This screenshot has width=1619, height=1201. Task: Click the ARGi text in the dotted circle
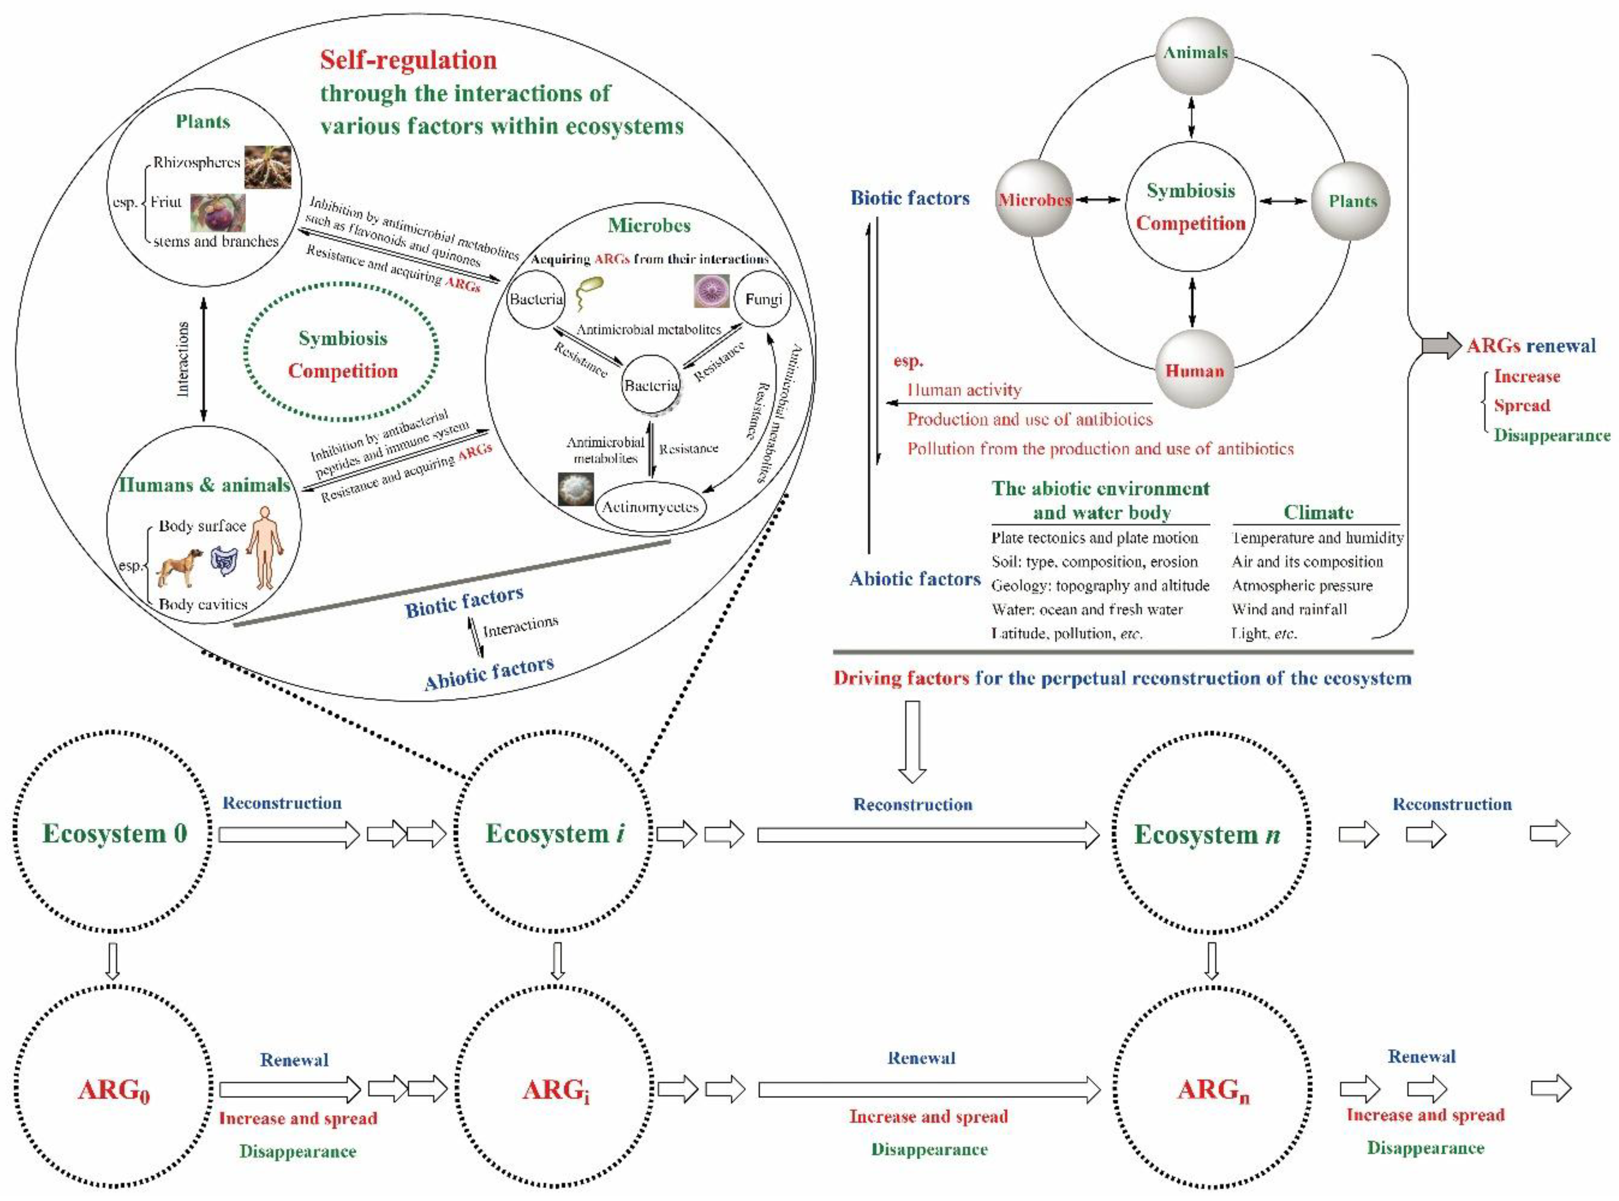point(555,1090)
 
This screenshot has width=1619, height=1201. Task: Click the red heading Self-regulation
point(408,59)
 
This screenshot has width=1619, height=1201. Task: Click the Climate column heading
point(1317,512)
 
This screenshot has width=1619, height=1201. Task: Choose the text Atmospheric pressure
point(1302,585)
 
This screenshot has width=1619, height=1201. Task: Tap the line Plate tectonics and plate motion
point(1094,538)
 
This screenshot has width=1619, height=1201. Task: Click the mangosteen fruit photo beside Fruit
point(218,212)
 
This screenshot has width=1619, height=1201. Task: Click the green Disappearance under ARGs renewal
point(1551,435)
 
